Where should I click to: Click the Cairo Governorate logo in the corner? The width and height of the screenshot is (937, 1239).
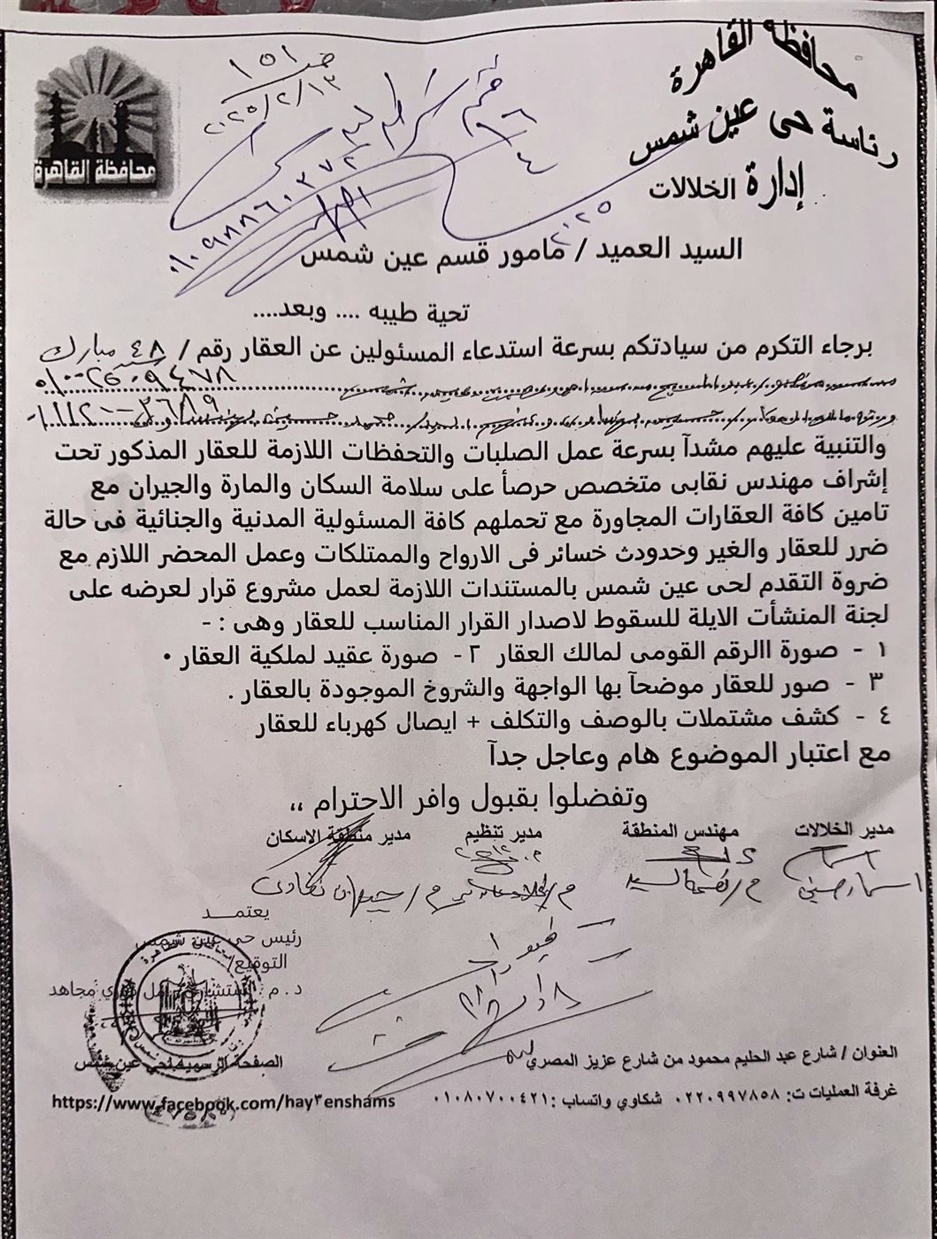coord(98,133)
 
